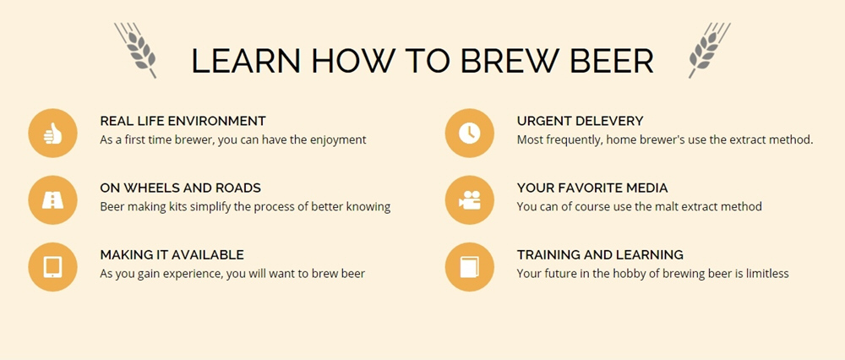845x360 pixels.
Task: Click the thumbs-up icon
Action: [52, 134]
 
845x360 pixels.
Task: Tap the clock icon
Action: [469, 134]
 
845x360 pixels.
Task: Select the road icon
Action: [52, 200]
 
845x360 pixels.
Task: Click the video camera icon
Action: [469, 200]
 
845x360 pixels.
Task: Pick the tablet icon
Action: [52, 267]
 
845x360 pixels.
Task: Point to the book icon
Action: [469, 267]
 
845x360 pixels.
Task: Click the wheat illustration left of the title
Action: [136, 50]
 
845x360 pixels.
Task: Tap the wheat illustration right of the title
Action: [709, 50]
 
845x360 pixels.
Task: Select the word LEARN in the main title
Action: [246, 60]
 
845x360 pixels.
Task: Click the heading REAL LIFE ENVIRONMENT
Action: [183, 121]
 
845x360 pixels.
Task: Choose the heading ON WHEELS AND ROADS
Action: [181, 188]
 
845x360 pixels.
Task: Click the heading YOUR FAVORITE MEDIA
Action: [592, 188]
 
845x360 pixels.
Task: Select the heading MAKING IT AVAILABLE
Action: [172, 254]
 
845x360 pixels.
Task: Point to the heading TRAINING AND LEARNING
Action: [600, 254]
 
